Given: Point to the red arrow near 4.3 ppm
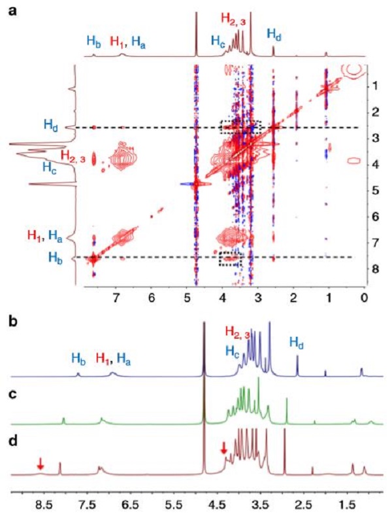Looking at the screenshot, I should tap(224, 448).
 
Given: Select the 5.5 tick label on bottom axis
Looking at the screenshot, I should tap(173, 505).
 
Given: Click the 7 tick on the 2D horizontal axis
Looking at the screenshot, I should tap(116, 295).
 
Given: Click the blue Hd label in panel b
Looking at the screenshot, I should tap(299, 340).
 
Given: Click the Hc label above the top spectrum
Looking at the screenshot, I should tap(218, 41).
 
